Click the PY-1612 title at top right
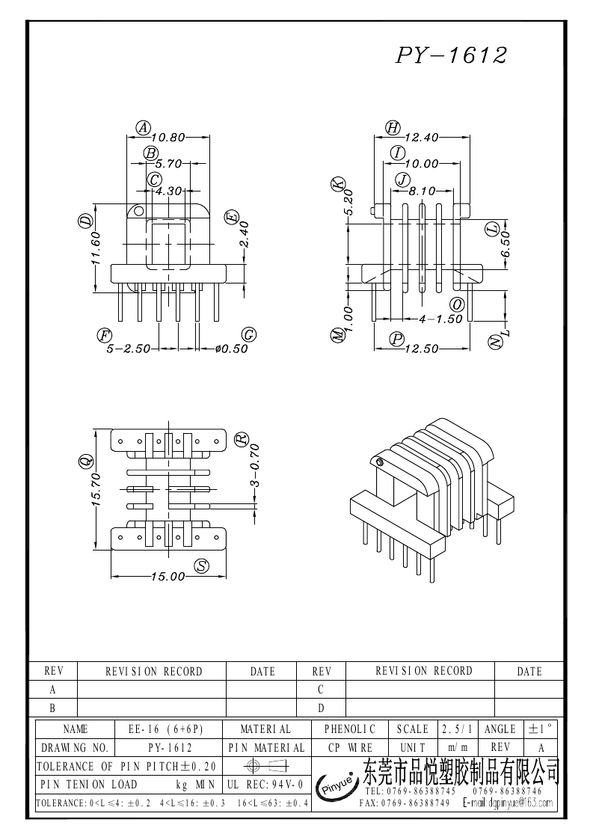coord(451,55)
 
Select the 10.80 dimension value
coord(168,138)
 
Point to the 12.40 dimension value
coord(422,138)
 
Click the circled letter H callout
coord(393,128)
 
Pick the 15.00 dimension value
coord(168,577)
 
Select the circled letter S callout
coord(201,566)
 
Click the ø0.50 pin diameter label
coord(231,349)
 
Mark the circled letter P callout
coord(398,339)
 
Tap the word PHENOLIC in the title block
coord(349,729)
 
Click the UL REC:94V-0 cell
coord(265,785)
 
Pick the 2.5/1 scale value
coord(457,729)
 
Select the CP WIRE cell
coord(349,747)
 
